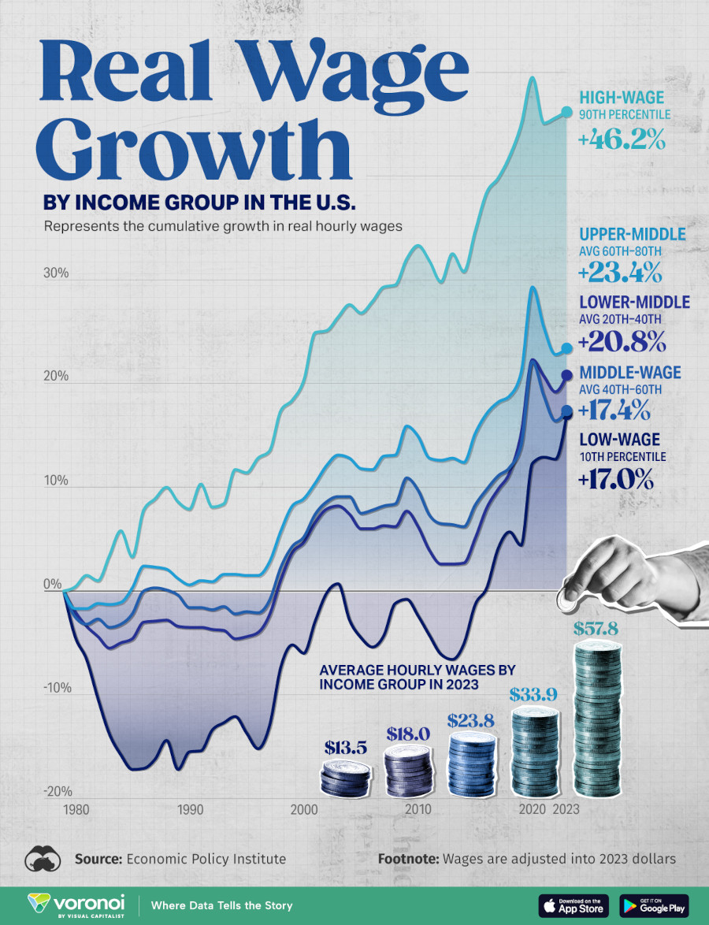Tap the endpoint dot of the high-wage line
(x=566, y=113)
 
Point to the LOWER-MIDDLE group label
(x=633, y=303)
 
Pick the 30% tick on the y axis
(x=58, y=274)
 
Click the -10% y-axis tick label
(x=56, y=689)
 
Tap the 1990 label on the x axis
(x=189, y=810)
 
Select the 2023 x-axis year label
(x=566, y=810)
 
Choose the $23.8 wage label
(x=471, y=720)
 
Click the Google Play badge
(x=654, y=905)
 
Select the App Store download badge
(x=573, y=905)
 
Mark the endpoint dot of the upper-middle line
(x=566, y=348)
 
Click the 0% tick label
(x=53, y=585)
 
